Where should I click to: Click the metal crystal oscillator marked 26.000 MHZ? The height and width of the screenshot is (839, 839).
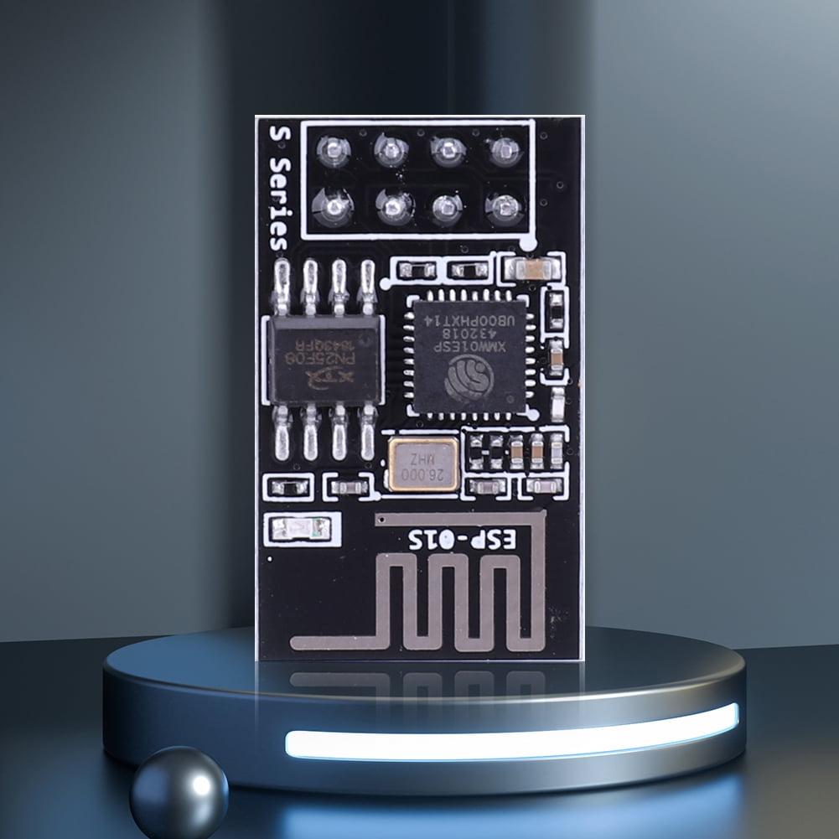(x=423, y=464)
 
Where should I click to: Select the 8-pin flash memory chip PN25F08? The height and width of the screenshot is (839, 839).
(x=325, y=360)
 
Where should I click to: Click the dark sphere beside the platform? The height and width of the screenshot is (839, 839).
(x=179, y=792)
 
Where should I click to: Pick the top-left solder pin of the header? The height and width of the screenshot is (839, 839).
(x=334, y=152)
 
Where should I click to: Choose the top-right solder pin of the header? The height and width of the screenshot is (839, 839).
(x=505, y=151)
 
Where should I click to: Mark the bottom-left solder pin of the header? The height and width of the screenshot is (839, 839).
(x=333, y=205)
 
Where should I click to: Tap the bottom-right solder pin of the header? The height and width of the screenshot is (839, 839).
(x=505, y=206)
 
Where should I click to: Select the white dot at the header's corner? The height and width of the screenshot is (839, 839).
(x=527, y=243)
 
